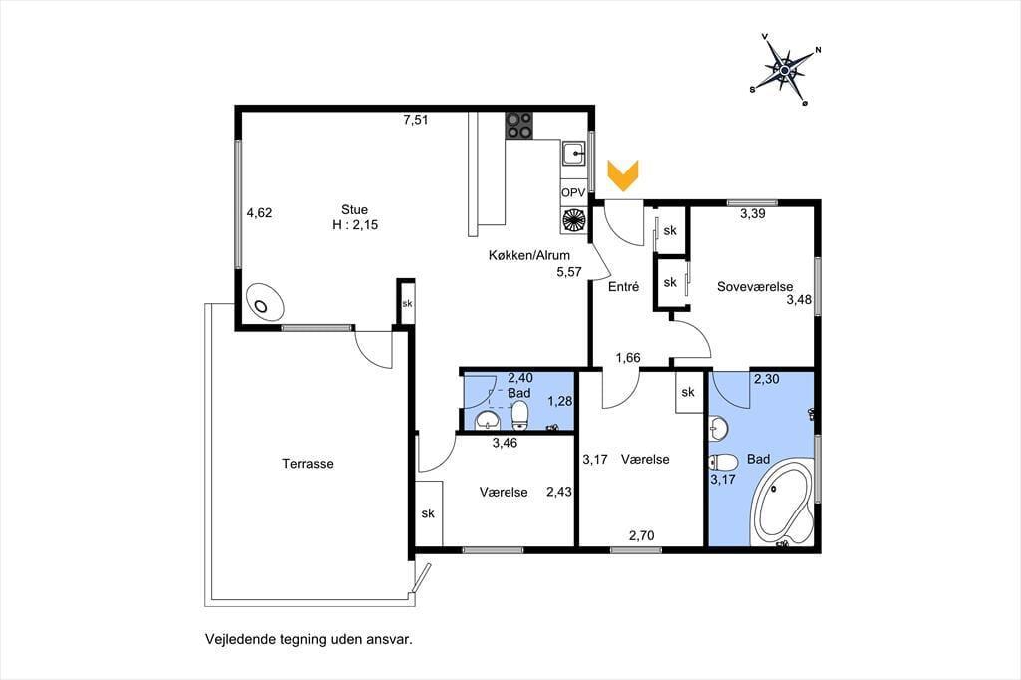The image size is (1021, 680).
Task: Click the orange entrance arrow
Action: point(623,175)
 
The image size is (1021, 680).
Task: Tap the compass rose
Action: point(786,69)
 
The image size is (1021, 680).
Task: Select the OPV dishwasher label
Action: point(573,193)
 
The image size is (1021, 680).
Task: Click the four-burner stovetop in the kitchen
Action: point(519,125)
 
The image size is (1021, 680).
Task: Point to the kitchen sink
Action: point(574,154)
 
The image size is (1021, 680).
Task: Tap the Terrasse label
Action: point(308,464)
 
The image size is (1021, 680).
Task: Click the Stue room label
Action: point(354,209)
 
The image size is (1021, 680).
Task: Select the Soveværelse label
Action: point(755,286)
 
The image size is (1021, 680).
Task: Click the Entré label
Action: point(624,286)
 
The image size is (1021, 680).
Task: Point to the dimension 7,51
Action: point(416,120)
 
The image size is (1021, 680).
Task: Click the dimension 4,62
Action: point(259,213)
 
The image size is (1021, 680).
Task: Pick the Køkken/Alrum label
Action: point(529,256)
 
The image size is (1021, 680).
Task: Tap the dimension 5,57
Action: point(569,272)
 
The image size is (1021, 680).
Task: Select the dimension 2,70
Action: point(641,536)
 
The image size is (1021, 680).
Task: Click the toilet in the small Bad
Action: point(519,416)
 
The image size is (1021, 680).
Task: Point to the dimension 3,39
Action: point(752,213)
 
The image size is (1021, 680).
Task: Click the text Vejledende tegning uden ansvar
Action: point(309,639)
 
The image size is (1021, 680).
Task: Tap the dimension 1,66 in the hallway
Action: point(628,358)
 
